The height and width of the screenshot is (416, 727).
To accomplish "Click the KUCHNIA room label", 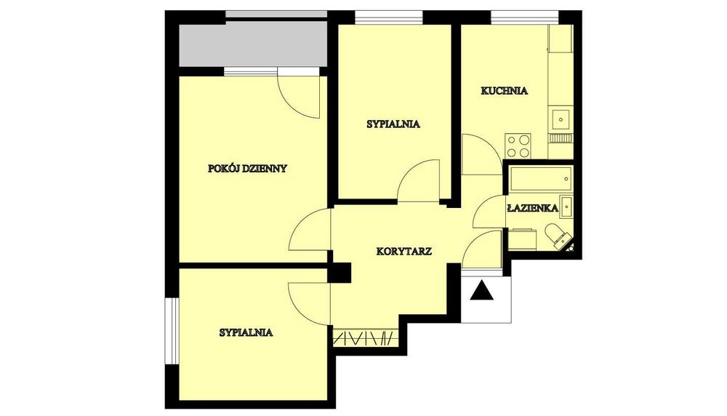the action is pos(505,90).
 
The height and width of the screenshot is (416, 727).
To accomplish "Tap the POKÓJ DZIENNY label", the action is pos(248,168).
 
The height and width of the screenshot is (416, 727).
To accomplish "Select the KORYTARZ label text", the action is pos(404,252).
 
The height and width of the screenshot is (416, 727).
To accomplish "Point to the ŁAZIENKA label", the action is pos(533,208).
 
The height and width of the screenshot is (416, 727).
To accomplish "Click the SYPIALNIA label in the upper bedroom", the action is pos(393,124).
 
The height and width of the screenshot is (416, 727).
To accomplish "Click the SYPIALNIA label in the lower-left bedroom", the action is pos(246,332).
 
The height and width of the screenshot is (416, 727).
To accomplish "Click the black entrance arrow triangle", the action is pos(482,290).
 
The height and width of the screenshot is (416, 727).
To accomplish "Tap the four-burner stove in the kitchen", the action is pos(518,145).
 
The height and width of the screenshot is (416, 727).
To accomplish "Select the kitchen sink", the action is pos(561,119).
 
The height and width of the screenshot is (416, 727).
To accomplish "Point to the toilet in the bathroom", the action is pos(558,236).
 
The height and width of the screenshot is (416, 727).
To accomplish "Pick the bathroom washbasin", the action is pos(566,207).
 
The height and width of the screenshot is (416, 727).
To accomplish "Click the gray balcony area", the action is pos(253,45).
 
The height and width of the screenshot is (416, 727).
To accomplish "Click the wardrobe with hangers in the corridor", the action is pos(366,337).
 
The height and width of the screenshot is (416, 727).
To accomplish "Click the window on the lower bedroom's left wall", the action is pos(172,331).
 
